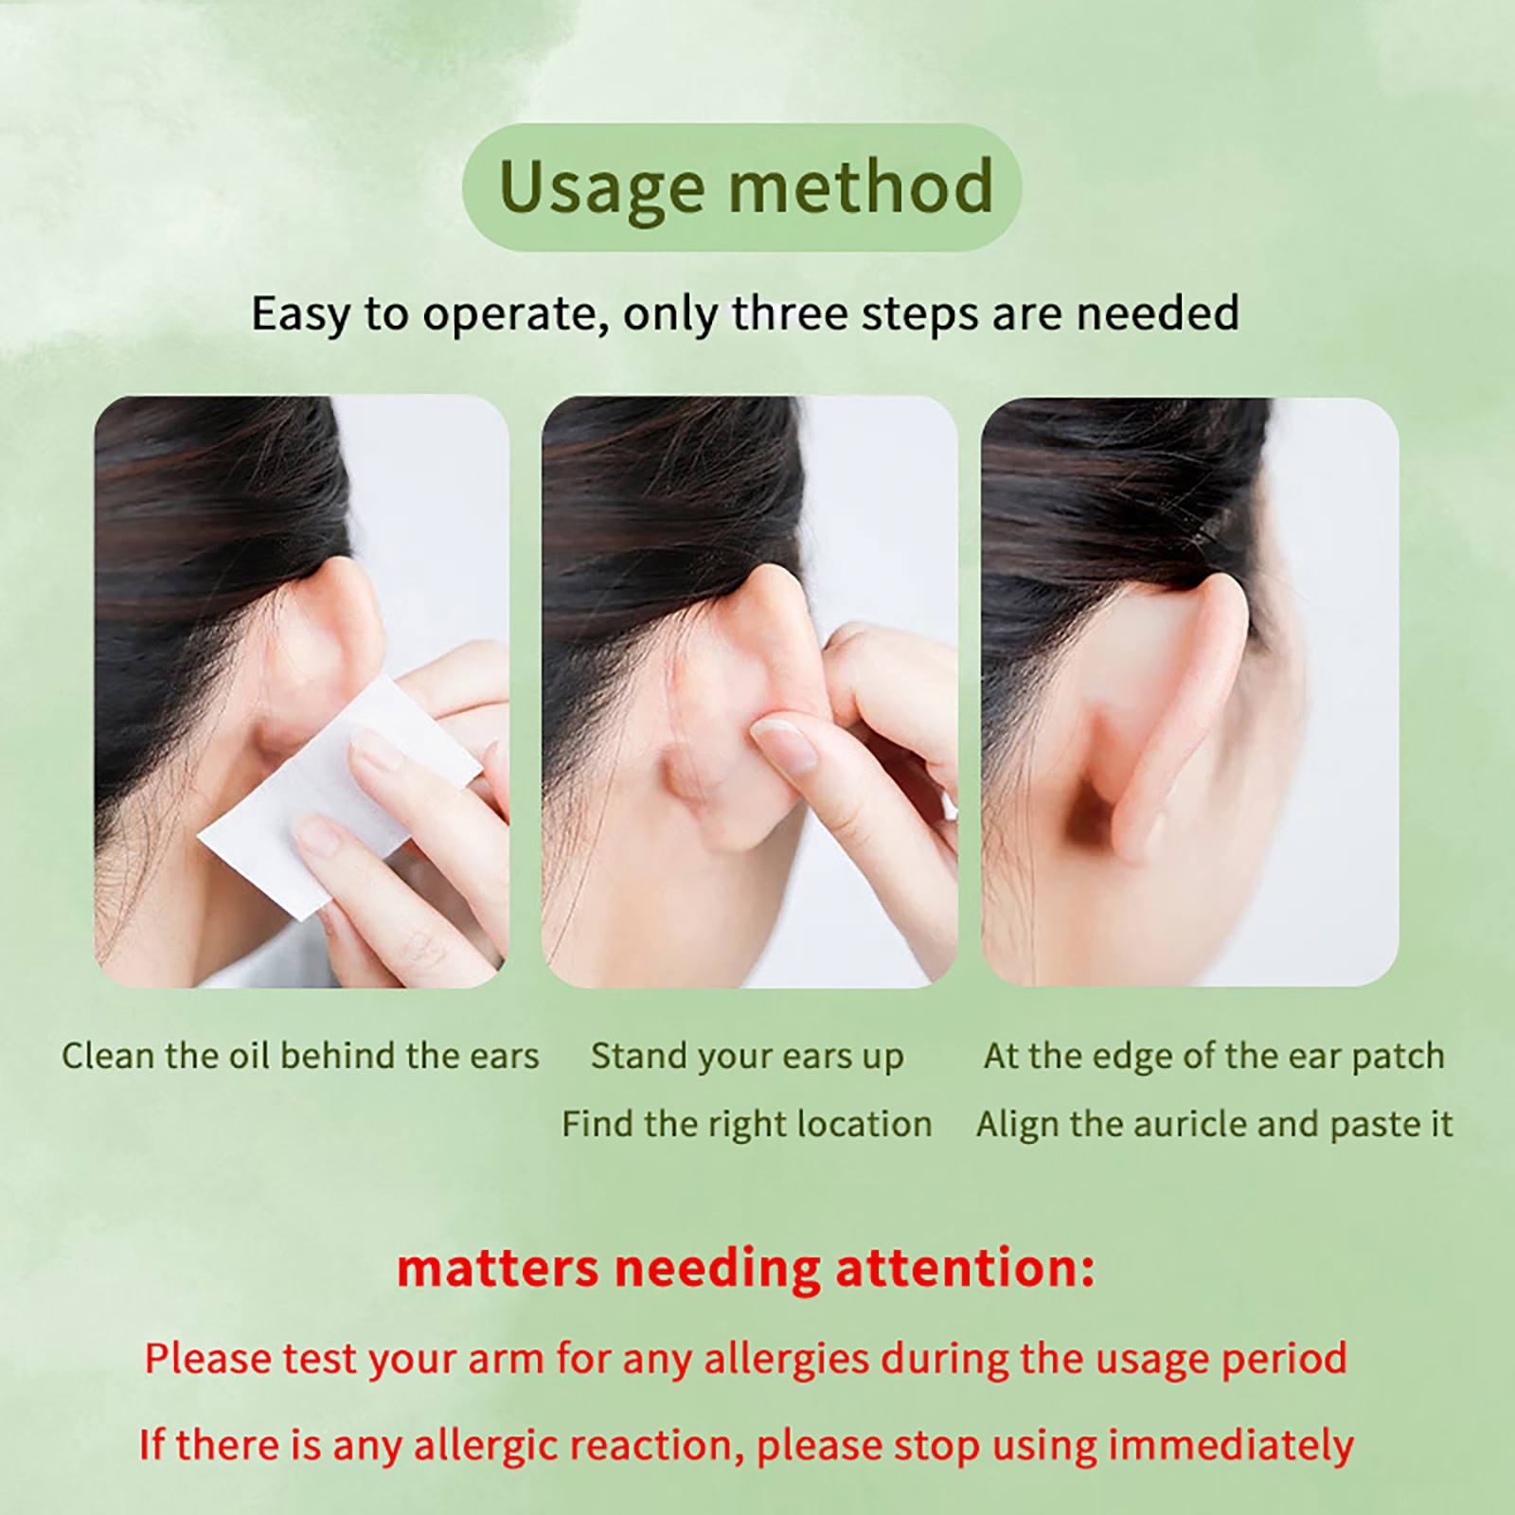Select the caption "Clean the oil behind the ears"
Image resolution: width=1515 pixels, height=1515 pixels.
coord(300,1056)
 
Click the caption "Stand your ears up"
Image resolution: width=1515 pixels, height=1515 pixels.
coord(747,1057)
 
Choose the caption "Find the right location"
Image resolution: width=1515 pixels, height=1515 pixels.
coord(747,1125)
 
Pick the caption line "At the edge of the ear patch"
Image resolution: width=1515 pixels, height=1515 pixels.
coord(1214,1057)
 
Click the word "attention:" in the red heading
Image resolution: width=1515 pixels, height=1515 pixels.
coord(965,1268)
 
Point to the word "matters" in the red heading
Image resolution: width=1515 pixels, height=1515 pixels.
coord(497,1269)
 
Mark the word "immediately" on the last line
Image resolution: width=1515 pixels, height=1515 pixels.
coord(1231,1446)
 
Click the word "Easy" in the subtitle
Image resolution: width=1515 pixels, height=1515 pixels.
coord(301,314)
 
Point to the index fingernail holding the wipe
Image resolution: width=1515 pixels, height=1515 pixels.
coord(377,752)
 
